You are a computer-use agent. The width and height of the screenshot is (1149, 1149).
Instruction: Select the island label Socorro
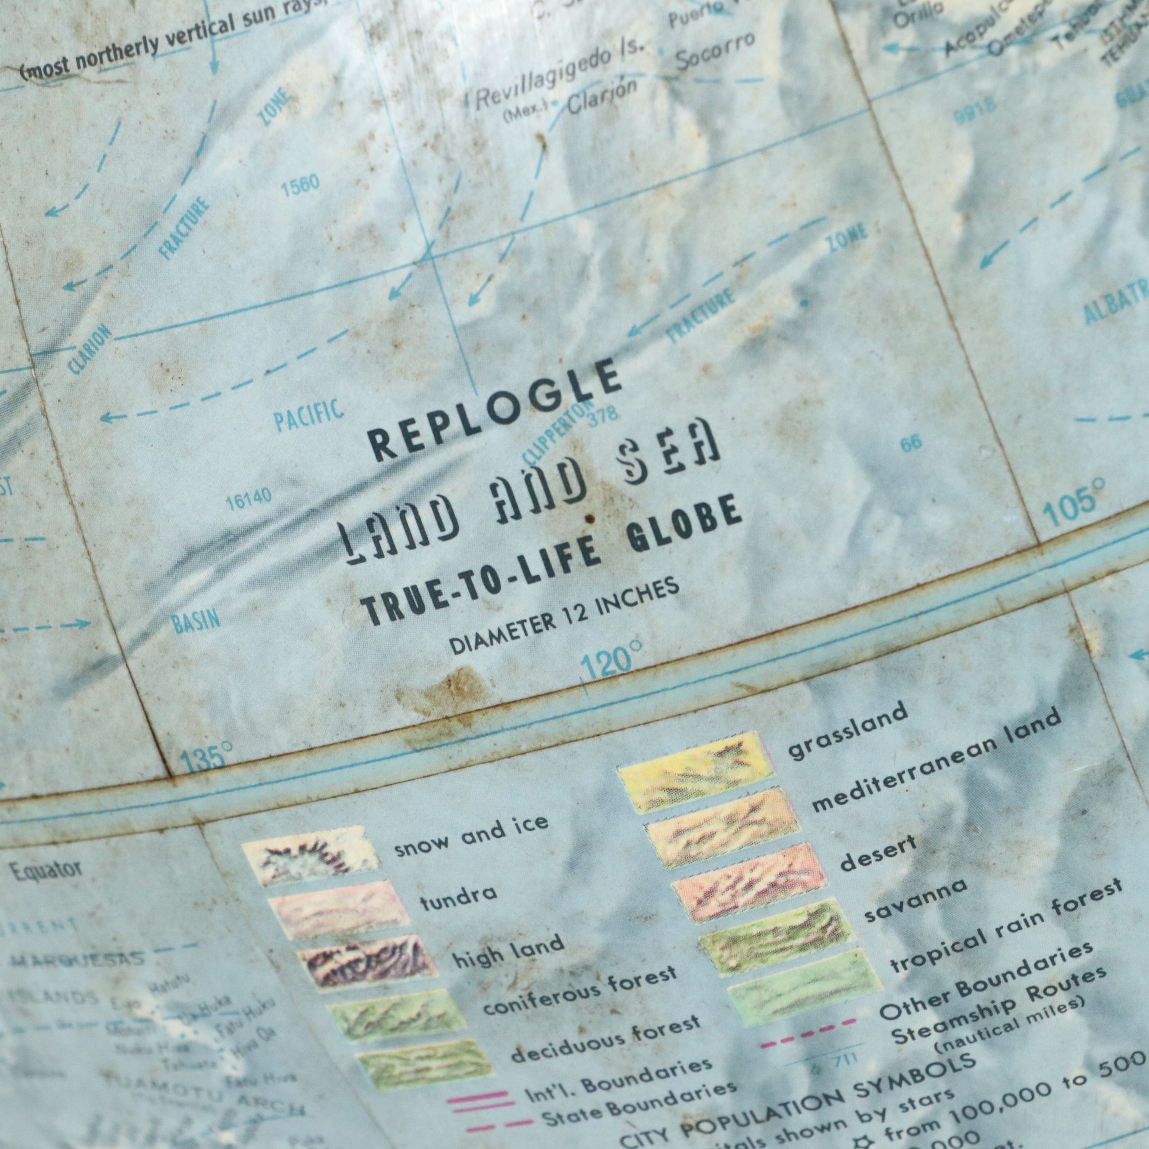716,52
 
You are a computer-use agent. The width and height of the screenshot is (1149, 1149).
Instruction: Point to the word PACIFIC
308,414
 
